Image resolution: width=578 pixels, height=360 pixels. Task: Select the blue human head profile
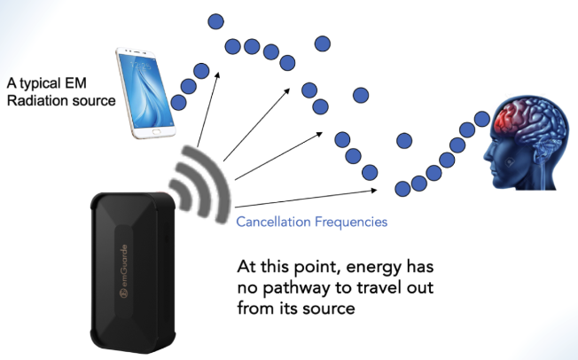(522, 142)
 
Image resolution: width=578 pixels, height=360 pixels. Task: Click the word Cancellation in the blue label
(274, 222)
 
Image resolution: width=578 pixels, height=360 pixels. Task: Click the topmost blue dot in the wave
(214, 20)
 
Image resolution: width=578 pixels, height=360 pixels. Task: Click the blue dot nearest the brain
(483, 118)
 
